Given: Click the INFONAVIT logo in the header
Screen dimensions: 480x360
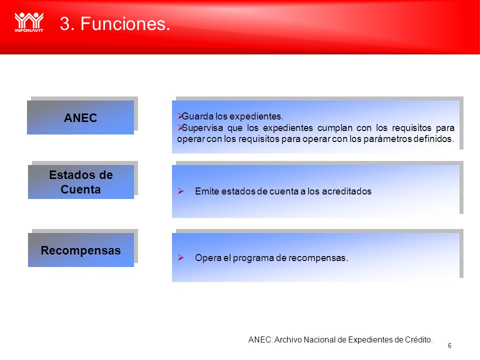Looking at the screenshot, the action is pos(29,22).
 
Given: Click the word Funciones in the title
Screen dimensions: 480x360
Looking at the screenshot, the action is pos(125,23).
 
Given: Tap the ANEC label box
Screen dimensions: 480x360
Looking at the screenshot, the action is pos(80,117).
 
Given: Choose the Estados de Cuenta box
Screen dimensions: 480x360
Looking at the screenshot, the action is pos(81,182).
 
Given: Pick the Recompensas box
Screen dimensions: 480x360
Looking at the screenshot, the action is pos(81,250).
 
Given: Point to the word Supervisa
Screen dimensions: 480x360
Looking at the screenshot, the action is pos(202,127).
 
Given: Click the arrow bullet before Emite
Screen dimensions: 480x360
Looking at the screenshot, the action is pos(180,191).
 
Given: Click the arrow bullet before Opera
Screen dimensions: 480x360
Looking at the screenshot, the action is pos(180,258).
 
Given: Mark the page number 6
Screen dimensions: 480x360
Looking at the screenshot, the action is pos(449,345).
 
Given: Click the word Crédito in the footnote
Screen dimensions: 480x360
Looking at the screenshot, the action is pos(419,340).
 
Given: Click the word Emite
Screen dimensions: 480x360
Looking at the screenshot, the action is pos(207,191).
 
